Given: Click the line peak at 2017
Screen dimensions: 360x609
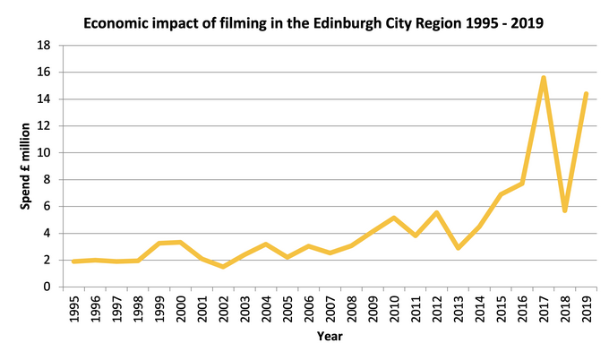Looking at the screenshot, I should point(544,78).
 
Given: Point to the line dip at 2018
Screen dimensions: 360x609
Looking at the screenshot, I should point(565,210).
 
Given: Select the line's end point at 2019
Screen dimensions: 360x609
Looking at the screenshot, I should point(587,93).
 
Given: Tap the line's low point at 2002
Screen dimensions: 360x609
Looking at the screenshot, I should point(223,267).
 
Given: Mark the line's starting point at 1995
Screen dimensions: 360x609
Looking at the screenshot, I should point(73,261).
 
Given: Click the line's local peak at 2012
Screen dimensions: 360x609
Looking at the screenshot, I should point(437,212).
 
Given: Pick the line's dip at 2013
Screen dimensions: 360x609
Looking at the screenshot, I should point(459,248).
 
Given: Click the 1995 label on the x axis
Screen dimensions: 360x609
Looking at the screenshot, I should point(73,308).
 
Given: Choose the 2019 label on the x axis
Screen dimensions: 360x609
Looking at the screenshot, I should point(587,308).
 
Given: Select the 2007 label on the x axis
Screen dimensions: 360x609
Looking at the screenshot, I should point(330,308).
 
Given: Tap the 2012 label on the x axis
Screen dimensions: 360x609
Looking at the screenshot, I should point(437,308).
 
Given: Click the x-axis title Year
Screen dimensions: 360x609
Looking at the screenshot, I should point(330,337).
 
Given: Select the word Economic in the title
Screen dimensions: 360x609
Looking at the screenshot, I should point(118,21).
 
